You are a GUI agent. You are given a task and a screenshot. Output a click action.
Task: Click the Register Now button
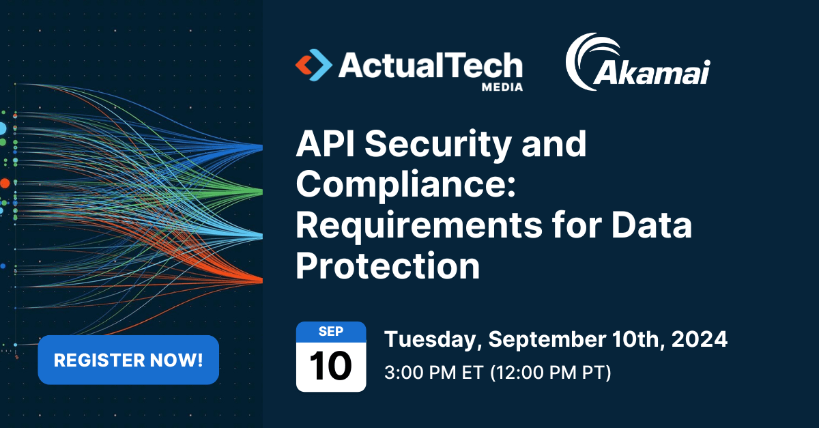[128, 360]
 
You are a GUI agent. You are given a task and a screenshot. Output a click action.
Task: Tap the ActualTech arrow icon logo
[313, 66]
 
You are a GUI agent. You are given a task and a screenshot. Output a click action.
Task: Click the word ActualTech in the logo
[430, 66]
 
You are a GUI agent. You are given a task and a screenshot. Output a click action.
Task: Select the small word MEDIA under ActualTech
[502, 87]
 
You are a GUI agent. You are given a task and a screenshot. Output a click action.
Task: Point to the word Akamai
[652, 73]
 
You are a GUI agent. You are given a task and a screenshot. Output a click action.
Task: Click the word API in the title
[327, 145]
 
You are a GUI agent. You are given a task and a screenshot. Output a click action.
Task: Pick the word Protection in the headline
[388, 266]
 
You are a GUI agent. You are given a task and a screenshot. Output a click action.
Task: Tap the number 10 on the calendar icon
[331, 367]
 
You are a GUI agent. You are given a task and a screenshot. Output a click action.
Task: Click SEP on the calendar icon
[331, 332]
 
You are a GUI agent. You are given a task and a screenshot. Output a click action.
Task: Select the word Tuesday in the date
[433, 339]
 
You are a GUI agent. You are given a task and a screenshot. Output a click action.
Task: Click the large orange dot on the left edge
[5, 183]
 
